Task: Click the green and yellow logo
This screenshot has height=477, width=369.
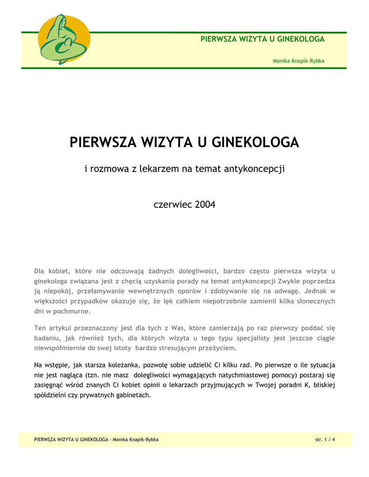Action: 63,39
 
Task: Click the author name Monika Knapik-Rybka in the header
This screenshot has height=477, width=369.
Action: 299,61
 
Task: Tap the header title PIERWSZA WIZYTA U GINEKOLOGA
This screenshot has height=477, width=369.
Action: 262,39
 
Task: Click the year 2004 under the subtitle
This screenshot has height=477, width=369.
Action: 205,204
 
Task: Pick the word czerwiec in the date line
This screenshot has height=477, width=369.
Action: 173,204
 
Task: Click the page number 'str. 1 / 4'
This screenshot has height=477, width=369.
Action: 325,440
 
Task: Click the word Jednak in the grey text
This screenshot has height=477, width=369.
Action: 316,291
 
